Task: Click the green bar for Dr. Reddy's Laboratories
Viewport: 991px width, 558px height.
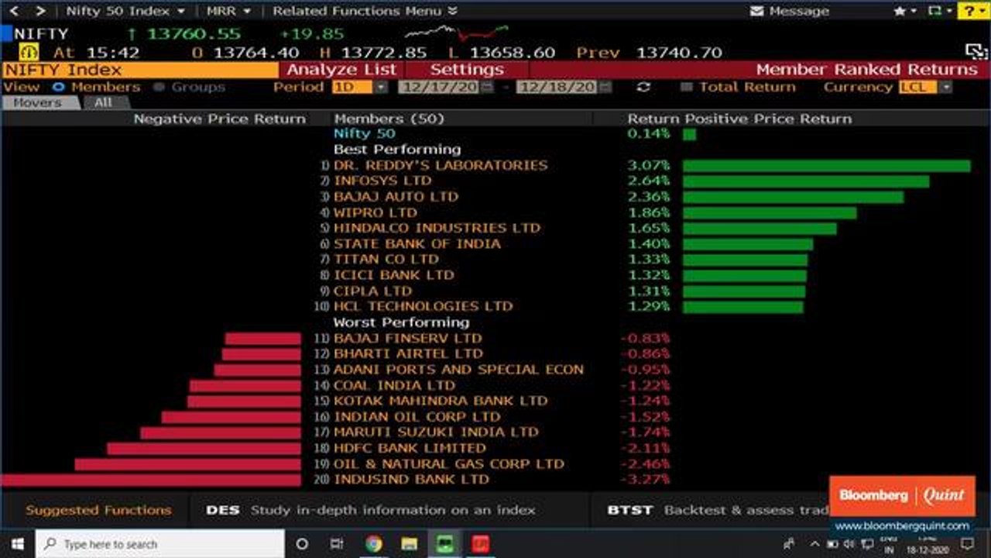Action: (826, 166)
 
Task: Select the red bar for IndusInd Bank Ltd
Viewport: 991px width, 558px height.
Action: (151, 480)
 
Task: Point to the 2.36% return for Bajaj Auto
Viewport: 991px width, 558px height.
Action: (649, 197)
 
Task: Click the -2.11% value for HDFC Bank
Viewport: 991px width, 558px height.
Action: (645, 448)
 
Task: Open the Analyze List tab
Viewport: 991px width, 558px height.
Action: (341, 70)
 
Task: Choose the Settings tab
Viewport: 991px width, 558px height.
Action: (466, 70)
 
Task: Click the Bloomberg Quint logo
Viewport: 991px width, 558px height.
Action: (902, 495)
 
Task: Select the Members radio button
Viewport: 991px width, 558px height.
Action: (59, 87)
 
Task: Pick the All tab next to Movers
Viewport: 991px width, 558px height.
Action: (103, 102)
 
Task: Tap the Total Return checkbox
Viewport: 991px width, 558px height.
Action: (686, 87)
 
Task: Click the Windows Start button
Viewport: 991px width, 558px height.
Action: (17, 544)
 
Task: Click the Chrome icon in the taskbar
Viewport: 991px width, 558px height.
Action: (373, 544)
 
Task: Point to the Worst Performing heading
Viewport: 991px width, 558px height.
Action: (401, 322)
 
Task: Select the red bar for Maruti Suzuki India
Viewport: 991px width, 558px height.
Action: (221, 432)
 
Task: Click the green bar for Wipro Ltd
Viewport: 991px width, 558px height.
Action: (770, 212)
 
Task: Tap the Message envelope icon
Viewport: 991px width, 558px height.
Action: (757, 11)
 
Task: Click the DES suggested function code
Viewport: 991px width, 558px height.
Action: (222, 510)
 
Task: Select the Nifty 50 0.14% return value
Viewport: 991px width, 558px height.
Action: (649, 134)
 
